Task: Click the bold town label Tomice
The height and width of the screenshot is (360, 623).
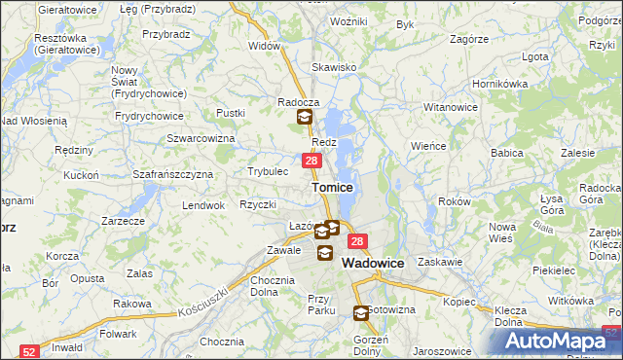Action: click(x=332, y=187)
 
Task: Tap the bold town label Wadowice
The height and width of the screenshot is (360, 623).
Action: click(x=374, y=263)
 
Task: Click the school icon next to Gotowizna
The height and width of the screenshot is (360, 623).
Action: click(x=361, y=313)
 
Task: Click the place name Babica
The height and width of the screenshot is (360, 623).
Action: click(x=507, y=153)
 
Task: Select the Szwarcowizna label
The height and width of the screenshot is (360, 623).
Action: click(x=202, y=139)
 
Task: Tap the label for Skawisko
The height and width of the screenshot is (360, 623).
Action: click(x=334, y=67)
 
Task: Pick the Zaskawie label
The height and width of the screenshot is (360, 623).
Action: click(x=439, y=263)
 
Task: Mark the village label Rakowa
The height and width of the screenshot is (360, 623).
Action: click(x=131, y=304)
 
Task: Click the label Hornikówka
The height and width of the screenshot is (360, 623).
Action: click(x=499, y=84)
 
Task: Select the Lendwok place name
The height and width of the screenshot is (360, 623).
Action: click(x=204, y=206)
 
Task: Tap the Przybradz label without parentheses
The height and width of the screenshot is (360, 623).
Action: click(x=165, y=33)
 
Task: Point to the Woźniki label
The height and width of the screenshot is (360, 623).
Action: click(x=348, y=20)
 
